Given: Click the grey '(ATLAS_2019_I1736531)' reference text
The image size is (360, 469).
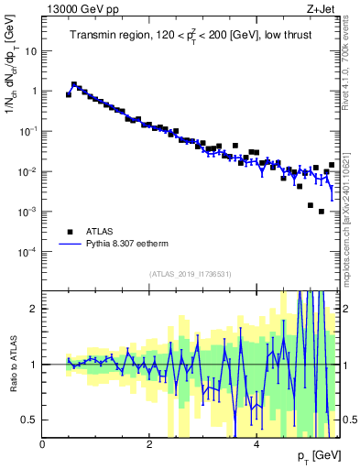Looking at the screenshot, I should (x=190, y=274).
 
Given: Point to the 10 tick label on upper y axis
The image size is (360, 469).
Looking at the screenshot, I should (x=29, y=51).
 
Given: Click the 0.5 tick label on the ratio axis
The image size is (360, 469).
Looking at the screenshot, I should (x=29, y=420).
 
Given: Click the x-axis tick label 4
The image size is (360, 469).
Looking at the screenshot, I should (x=256, y=442).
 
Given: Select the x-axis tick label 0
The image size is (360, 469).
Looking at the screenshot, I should (x=43, y=442).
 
